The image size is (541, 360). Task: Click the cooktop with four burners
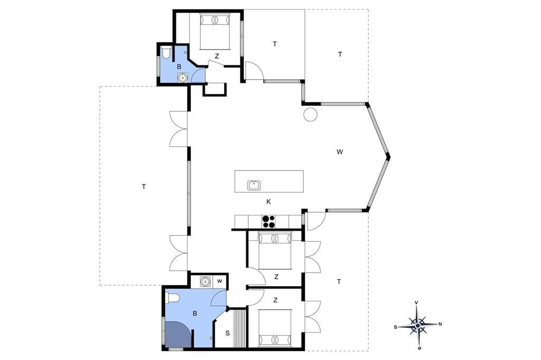click(269, 221)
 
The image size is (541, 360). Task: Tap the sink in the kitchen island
click(254, 185)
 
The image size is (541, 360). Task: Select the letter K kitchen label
click(268, 202)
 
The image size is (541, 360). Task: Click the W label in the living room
click(340, 151)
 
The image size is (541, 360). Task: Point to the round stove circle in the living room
click(310, 114)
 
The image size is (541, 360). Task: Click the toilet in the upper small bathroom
click(165, 53)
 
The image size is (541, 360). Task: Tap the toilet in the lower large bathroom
click(172, 298)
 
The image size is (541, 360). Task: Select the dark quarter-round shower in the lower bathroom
click(178, 334)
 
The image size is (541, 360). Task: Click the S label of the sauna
click(227, 334)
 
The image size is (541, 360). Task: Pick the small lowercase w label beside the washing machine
click(219, 281)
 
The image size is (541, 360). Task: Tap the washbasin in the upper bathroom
click(182, 78)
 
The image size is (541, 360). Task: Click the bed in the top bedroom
click(215, 31)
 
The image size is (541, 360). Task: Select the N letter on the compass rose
click(440, 324)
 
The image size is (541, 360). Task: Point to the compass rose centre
click(418, 325)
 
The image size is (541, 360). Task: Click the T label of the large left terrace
click(144, 186)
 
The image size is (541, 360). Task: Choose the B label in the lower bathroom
click(195, 314)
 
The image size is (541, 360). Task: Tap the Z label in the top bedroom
click(217, 56)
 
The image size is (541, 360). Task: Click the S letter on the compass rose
click(395, 327)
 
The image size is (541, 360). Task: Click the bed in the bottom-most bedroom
click(275, 328)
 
